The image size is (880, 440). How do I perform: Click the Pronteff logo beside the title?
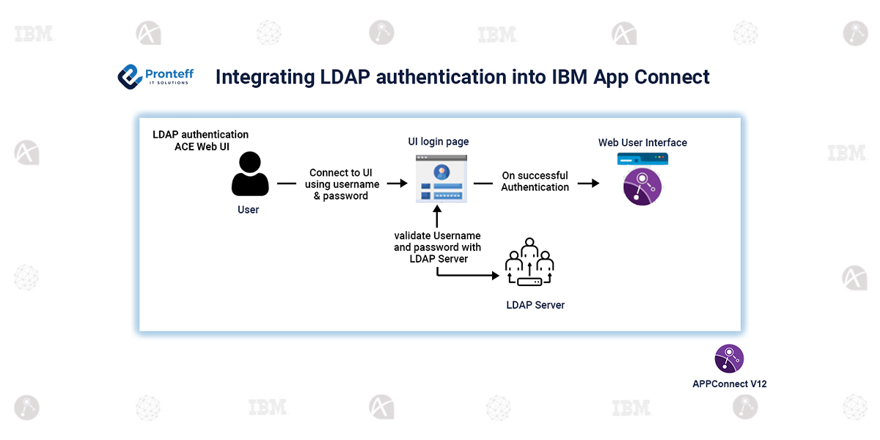(155, 76)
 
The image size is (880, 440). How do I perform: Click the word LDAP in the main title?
(345, 76)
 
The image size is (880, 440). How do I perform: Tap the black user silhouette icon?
(250, 174)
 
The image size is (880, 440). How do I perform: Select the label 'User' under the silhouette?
(249, 210)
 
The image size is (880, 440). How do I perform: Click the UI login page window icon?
(441, 179)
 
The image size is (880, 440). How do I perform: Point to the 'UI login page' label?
(439, 142)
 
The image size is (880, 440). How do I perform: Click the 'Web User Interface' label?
(642, 142)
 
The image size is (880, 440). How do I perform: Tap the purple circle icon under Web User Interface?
(642, 186)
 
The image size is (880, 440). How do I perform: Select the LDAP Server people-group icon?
(529, 262)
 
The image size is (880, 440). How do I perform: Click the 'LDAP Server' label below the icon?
(535, 305)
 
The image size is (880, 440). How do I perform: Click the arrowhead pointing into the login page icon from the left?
(403, 183)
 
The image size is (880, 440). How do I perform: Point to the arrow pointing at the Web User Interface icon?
(588, 183)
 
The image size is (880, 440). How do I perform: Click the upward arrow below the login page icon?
(437, 216)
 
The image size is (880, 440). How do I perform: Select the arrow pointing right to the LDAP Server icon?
(468, 275)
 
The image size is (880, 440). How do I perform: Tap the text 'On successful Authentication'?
(535, 181)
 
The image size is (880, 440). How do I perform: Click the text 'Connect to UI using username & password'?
(342, 184)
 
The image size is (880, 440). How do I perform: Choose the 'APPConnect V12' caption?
(730, 384)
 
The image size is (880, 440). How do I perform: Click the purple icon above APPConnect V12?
(729, 359)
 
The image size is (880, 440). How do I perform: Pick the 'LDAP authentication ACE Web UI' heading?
(201, 140)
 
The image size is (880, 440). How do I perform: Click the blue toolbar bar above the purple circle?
(642, 158)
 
